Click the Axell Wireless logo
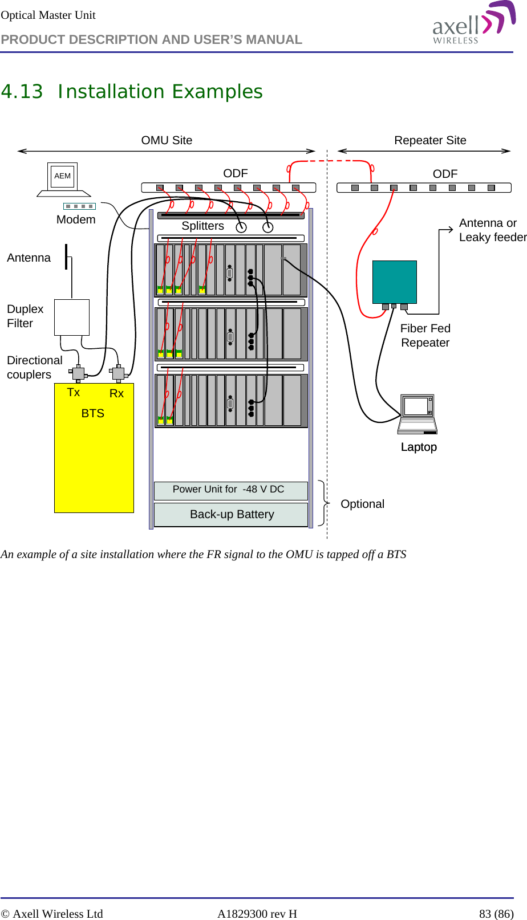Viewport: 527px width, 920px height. (x=473, y=24)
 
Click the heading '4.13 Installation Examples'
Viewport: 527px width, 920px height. (x=132, y=92)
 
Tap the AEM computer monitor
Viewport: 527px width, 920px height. (x=63, y=176)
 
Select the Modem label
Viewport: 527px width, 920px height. (x=76, y=220)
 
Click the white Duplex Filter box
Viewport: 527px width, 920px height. (x=72, y=317)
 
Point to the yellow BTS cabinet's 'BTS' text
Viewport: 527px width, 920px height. (x=93, y=414)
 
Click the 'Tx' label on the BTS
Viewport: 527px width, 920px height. (x=74, y=393)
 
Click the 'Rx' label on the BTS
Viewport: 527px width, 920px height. (x=116, y=394)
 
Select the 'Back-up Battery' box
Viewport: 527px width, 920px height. (x=231, y=515)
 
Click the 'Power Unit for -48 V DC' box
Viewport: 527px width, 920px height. (x=230, y=490)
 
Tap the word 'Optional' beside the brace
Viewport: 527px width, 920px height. (x=362, y=504)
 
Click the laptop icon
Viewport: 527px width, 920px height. (x=417, y=414)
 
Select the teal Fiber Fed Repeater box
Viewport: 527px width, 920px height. (x=394, y=282)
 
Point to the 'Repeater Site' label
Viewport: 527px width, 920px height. (x=430, y=141)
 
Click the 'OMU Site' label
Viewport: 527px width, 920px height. (x=167, y=141)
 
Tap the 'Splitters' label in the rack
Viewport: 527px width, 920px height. (x=202, y=226)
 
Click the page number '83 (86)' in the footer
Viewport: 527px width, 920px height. (x=496, y=914)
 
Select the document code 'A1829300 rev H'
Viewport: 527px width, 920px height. (x=257, y=914)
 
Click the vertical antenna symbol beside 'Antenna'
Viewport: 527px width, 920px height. (x=66, y=257)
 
